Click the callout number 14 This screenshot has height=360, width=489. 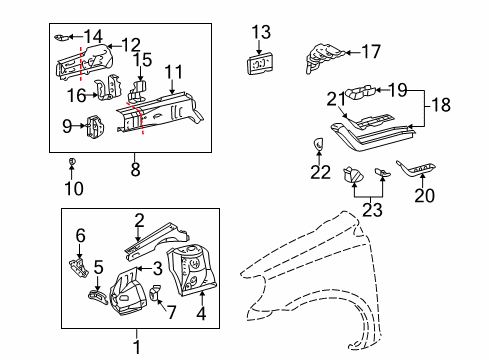pos(93,36)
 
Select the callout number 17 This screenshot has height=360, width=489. pos(370,51)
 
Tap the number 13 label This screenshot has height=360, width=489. pos(261,31)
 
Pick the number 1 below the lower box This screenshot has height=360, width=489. pos(139,347)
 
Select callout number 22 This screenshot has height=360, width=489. pos(319,172)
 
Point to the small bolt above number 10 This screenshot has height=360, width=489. pos(72,161)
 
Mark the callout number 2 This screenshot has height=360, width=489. pos(140,220)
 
